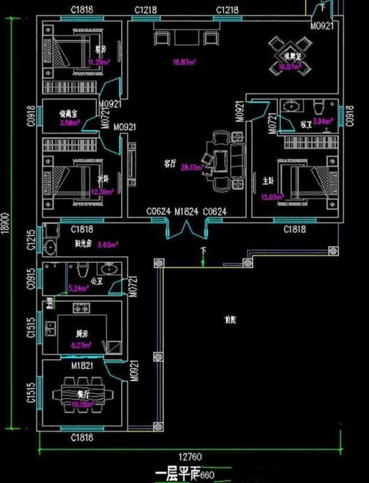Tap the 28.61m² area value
pyautogui.click(x=191, y=168)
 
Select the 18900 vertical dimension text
pyautogui.click(x=7, y=226)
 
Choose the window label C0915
pyautogui.click(x=31, y=279)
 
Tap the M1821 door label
pyautogui.click(x=82, y=366)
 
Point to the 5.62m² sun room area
pyautogui.click(x=108, y=244)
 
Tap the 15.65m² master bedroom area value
pyautogui.click(x=273, y=197)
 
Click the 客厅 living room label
pyautogui.click(x=169, y=164)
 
